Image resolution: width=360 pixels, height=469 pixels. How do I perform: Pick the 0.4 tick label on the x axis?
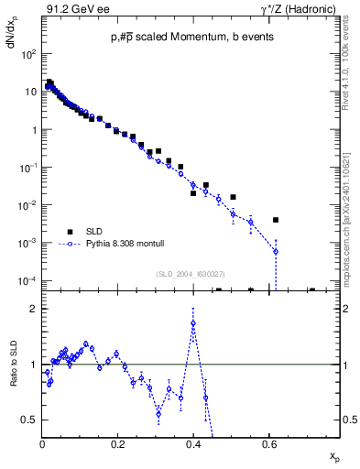[193, 445]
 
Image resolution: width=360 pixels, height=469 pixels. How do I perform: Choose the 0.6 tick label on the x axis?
[268, 445]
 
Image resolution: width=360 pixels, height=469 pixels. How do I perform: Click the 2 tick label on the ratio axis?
[34, 309]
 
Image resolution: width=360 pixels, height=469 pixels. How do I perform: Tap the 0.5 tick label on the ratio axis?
[30, 420]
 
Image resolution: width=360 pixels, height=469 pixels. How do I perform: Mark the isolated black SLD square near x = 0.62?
[276, 220]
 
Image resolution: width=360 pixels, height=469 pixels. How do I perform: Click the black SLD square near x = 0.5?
[234, 197]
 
